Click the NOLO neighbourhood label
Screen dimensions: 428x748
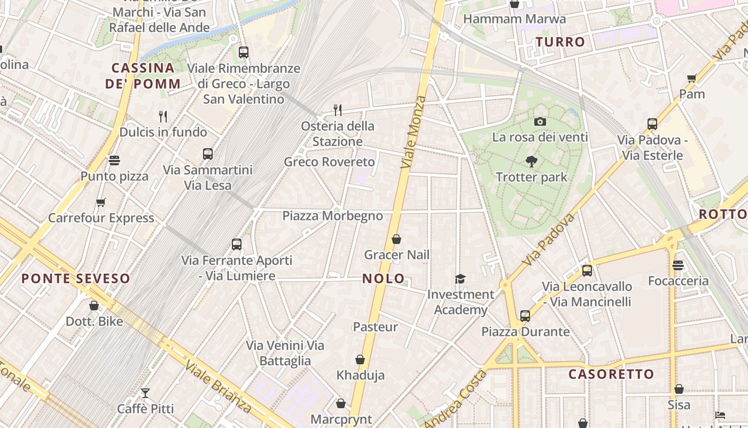(x=383, y=278)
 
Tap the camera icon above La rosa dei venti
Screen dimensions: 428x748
(x=540, y=121)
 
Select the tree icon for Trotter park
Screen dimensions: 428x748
(x=531, y=161)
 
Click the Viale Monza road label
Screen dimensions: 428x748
(x=414, y=133)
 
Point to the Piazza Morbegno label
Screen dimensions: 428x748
(x=332, y=216)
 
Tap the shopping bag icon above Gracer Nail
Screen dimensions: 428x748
(x=396, y=239)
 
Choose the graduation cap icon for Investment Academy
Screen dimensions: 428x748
(x=460, y=279)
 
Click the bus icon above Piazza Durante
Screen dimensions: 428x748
(x=525, y=316)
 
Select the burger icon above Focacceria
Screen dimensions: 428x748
(x=678, y=265)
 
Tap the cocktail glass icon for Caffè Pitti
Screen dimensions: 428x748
(x=145, y=393)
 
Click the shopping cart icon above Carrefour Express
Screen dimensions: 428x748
(x=101, y=202)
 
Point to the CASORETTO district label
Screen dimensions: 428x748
(x=611, y=374)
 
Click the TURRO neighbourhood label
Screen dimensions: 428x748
(x=560, y=42)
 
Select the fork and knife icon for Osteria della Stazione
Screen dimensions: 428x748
(x=337, y=110)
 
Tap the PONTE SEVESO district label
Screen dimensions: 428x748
(x=76, y=278)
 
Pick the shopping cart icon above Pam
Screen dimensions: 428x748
(x=692, y=79)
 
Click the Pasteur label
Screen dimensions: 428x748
(x=375, y=326)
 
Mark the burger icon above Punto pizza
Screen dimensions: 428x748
(x=114, y=160)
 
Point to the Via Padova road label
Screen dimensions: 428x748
(x=549, y=240)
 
